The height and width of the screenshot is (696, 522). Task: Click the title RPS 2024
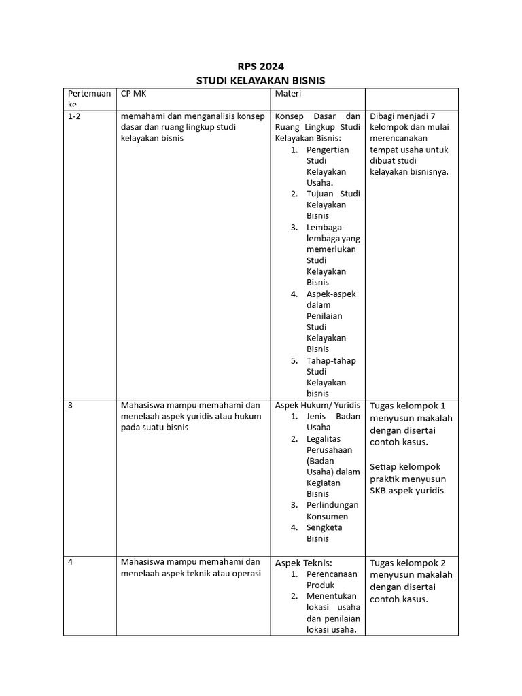pos(260,67)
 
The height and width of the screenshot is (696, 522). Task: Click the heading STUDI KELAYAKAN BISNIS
pos(260,80)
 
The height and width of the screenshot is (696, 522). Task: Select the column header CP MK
pos(133,94)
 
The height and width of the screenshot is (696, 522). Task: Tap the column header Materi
pos(288,94)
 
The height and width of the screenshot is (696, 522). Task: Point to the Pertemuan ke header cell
pos(88,99)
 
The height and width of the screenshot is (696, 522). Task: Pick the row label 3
pos(70,405)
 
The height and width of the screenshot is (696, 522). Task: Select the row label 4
pos(70,563)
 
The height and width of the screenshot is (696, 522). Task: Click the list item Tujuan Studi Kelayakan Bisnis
pos(333,205)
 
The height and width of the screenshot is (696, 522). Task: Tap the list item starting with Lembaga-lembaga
pos(333,254)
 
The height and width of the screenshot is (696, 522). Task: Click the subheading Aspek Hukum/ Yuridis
pos(317,405)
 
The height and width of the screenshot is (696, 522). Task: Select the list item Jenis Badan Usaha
pos(333,421)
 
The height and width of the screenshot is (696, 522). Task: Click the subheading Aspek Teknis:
pos(303,563)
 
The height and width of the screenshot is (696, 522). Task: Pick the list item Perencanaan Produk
pos(331,579)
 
